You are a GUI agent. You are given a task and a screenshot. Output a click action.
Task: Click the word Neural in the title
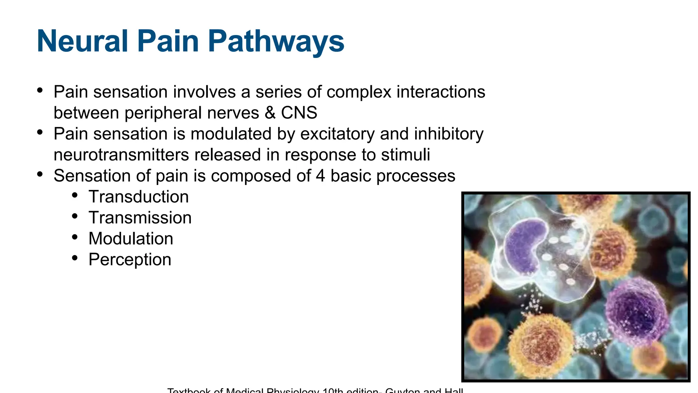[x=82, y=41]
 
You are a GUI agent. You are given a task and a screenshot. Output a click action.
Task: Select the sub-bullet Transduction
[x=138, y=197]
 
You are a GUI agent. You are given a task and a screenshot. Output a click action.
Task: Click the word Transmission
[x=140, y=218]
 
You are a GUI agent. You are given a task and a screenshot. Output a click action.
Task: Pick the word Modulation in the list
[x=131, y=238]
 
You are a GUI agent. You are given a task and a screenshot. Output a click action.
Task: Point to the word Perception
[x=130, y=260]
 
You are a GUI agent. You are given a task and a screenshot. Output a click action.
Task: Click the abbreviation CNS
[x=299, y=113]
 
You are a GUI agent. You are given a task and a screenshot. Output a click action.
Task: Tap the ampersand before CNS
[x=270, y=113]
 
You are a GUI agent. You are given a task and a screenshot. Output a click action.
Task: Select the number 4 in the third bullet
[x=320, y=176]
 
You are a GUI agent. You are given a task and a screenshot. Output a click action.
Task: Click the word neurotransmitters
[x=121, y=155]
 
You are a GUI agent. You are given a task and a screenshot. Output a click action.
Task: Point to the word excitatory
[x=337, y=134]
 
